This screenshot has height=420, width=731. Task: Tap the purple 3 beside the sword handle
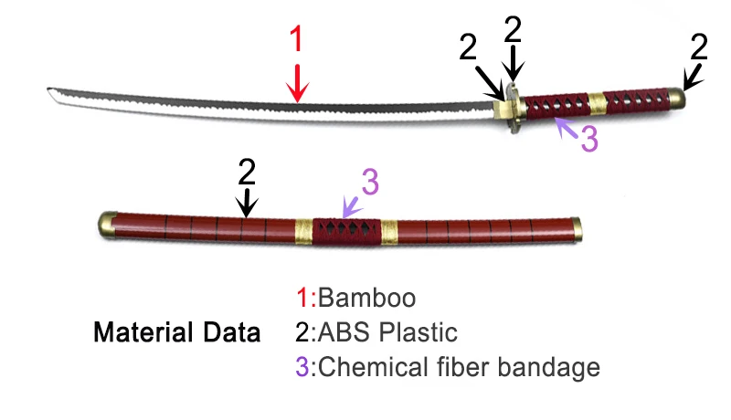pos(589,139)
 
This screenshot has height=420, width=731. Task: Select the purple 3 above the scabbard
pos(369,183)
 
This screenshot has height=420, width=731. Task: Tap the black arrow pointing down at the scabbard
pos(246,201)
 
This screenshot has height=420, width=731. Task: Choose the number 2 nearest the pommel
pos(699,46)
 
